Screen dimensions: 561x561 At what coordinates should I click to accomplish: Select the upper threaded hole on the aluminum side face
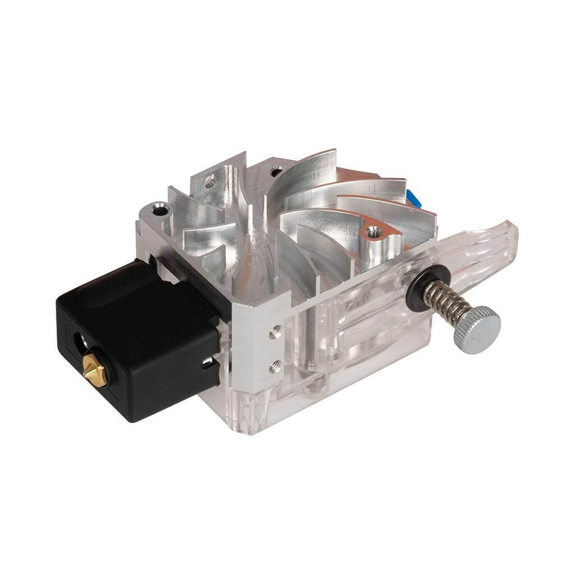(273, 333)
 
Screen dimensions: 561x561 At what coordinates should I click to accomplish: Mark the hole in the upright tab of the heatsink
(210, 181)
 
